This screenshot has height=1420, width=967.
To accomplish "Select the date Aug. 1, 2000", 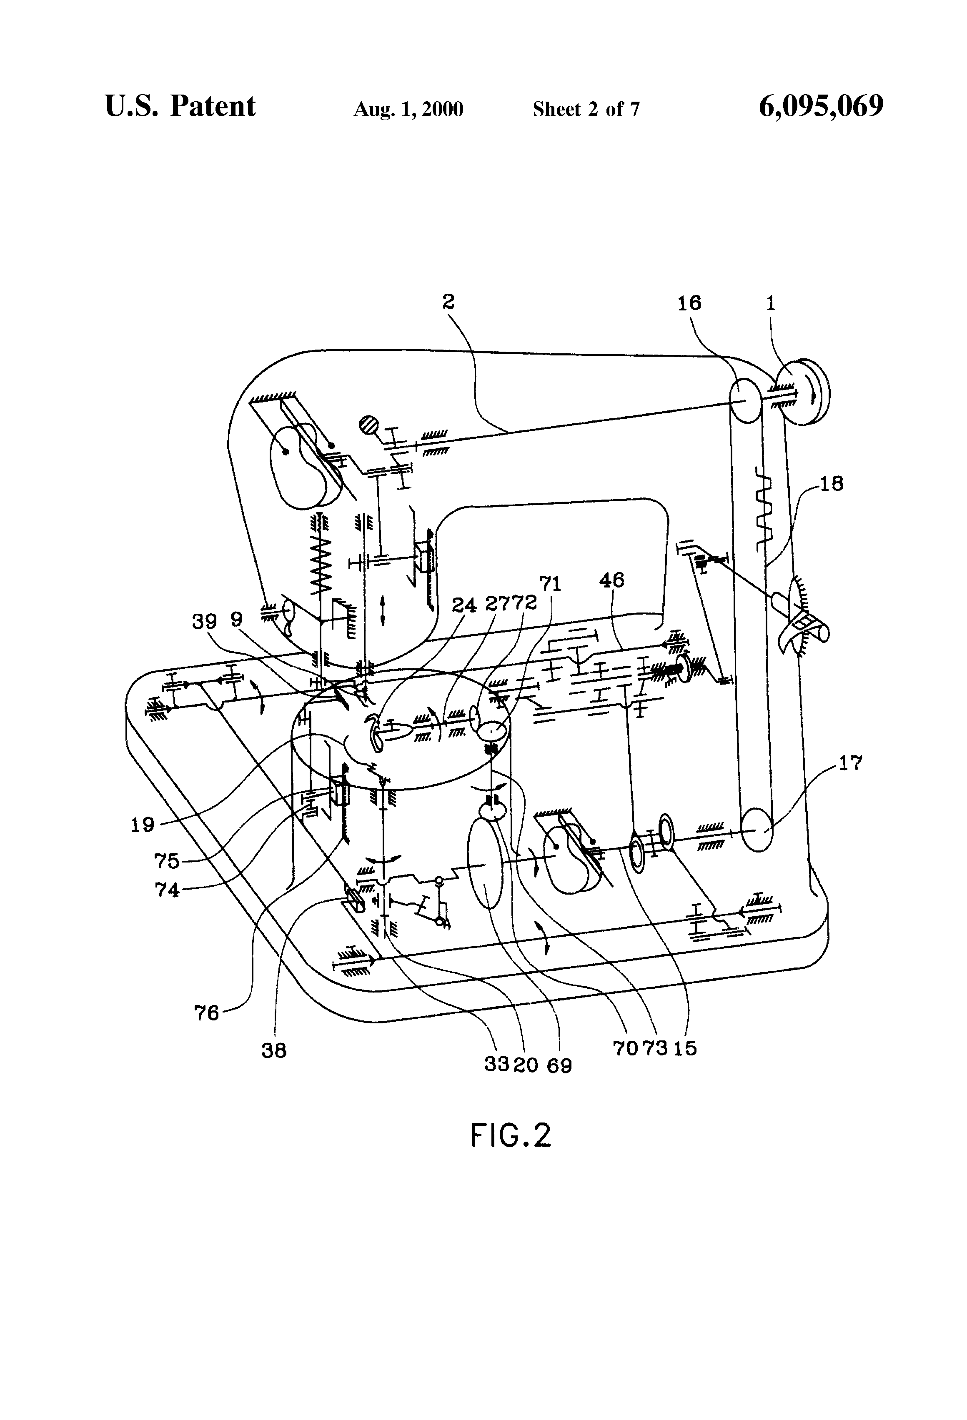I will (x=408, y=109).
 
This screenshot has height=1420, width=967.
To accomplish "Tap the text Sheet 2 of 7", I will (x=586, y=109).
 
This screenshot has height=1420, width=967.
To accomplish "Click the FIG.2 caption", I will (x=511, y=1135).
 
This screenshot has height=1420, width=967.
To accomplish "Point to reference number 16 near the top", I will (x=689, y=303).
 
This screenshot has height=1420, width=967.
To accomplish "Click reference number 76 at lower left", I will (x=207, y=1013).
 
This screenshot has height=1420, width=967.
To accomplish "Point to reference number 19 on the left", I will (x=143, y=825).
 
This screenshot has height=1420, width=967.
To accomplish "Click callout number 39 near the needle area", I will (x=204, y=621).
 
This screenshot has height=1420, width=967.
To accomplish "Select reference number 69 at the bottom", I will (x=559, y=1065).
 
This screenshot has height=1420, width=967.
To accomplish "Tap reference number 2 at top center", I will (x=448, y=302).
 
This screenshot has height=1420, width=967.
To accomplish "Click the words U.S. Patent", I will (x=180, y=106).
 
